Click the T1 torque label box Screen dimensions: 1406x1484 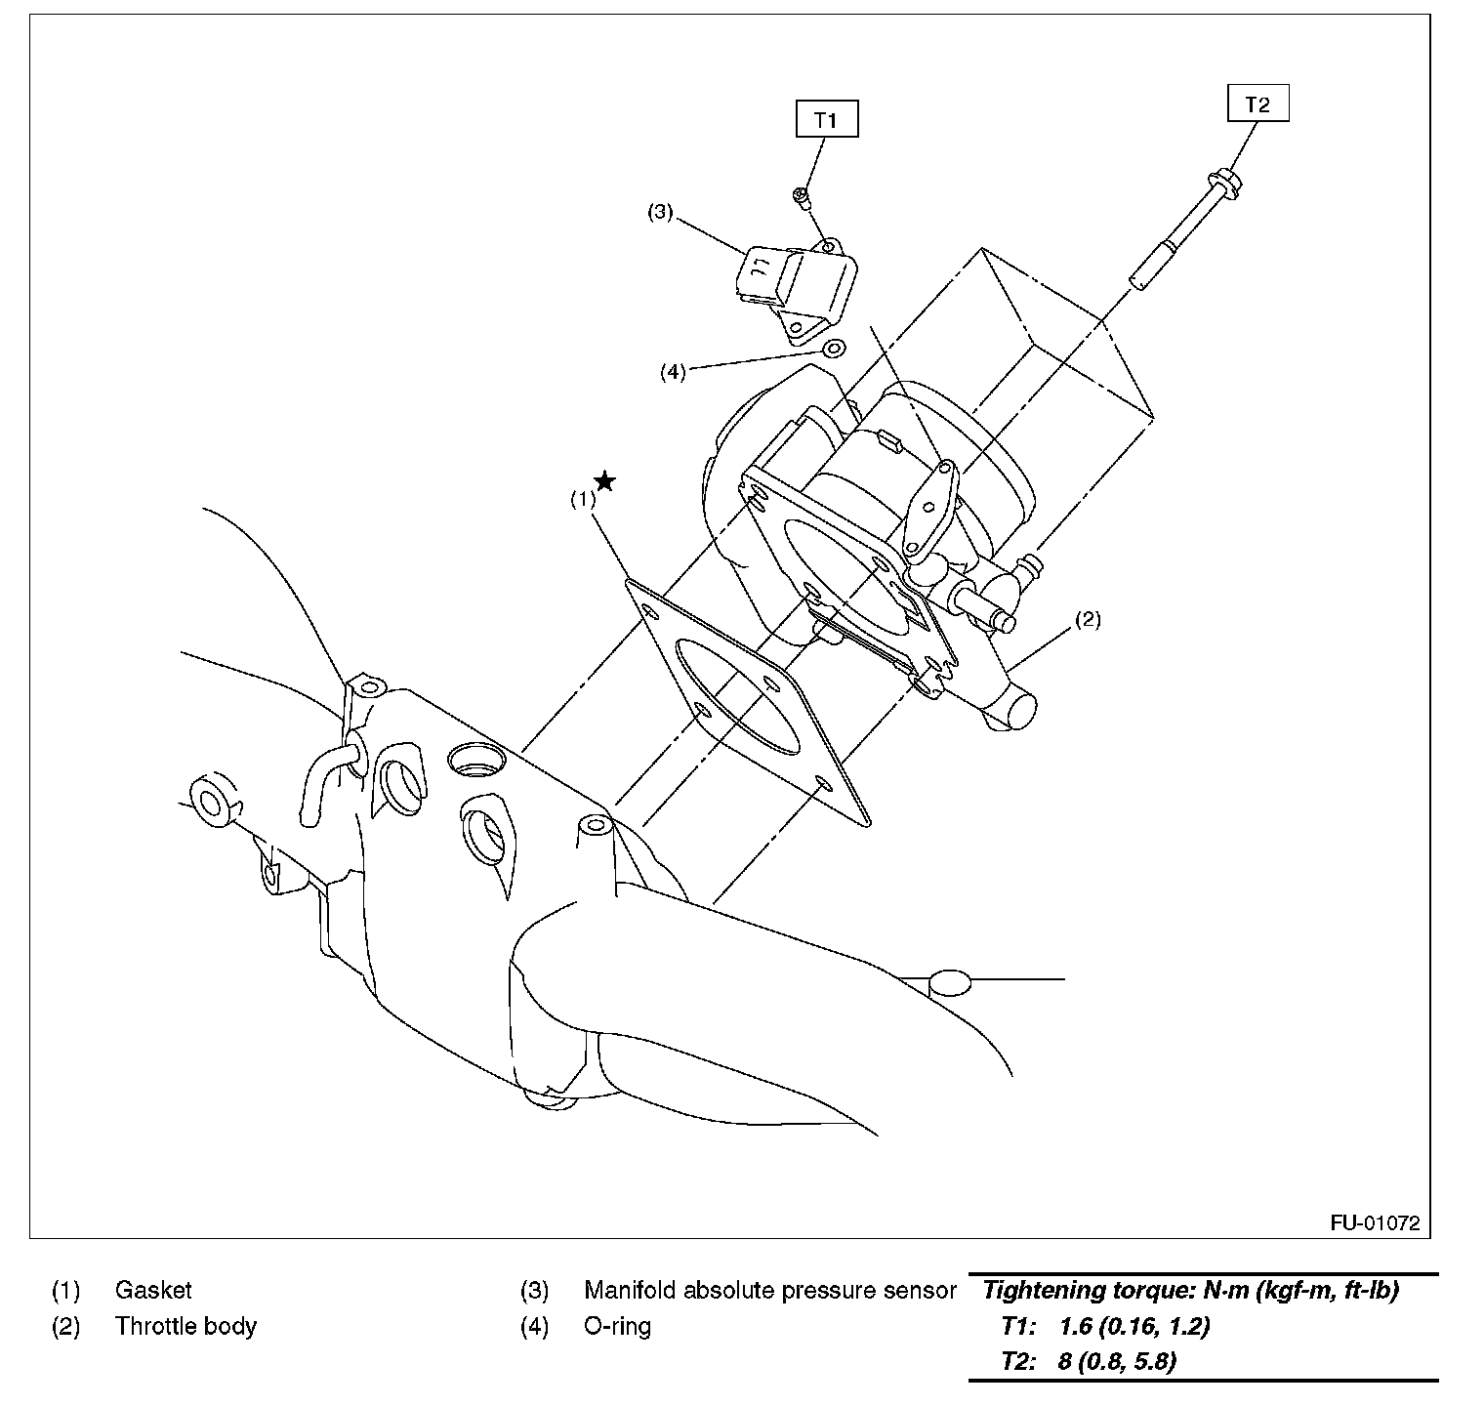826,120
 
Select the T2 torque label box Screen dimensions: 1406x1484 1257,104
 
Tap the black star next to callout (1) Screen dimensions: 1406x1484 605,480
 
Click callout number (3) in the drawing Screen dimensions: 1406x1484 661,212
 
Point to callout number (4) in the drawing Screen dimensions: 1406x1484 673,372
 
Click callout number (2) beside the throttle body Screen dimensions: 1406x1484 1088,619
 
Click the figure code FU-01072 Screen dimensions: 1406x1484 1374,1223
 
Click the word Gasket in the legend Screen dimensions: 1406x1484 153,1290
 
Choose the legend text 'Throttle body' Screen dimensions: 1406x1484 185,1326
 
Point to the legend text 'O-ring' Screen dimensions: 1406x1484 617,1326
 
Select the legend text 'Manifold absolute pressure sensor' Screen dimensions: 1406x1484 769,1290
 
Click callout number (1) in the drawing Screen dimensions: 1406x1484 583,499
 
